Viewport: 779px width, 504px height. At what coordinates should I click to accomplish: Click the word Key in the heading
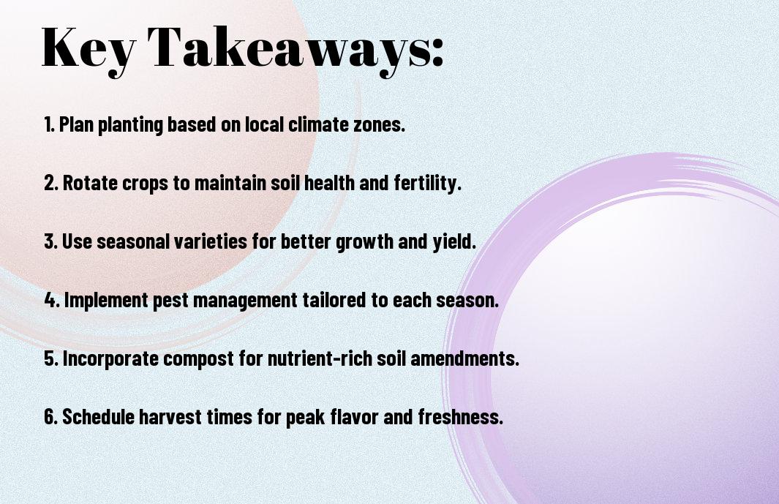point(89,50)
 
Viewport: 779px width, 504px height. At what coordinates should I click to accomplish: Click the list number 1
point(49,124)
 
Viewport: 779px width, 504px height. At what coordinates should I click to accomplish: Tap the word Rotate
point(91,183)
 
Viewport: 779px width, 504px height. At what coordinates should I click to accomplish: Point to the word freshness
point(461,417)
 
